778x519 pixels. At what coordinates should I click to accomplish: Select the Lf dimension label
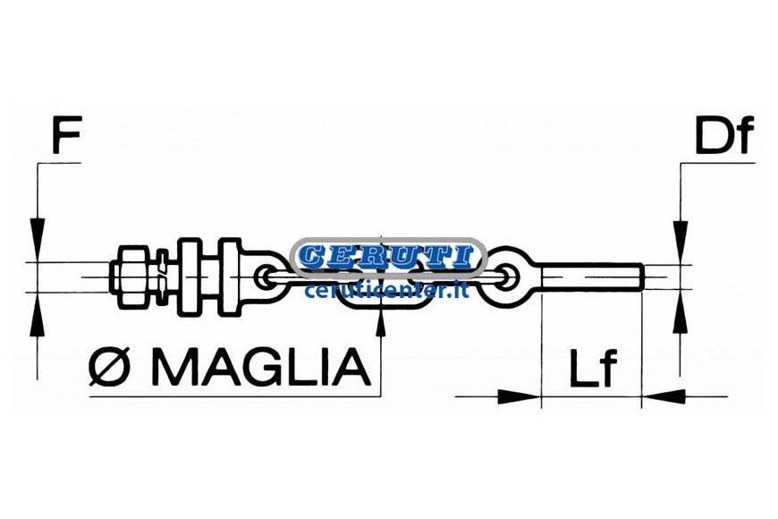coord(593,368)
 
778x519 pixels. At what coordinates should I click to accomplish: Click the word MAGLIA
coord(261,367)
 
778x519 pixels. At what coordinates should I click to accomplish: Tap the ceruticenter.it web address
coord(386,290)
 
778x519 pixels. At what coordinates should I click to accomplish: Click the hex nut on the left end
coord(131,277)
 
